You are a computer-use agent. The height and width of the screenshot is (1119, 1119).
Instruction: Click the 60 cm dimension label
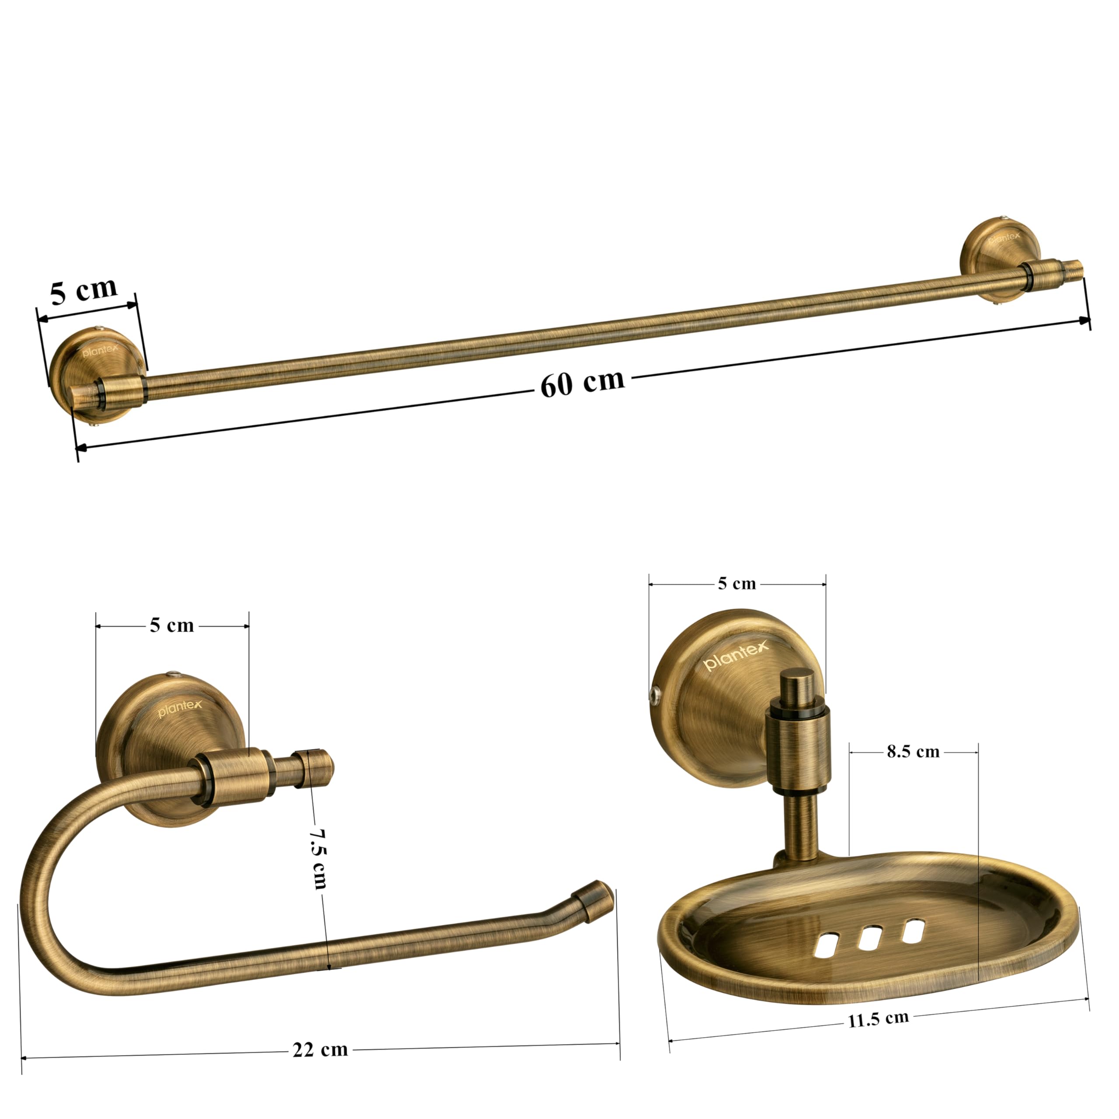click(x=583, y=383)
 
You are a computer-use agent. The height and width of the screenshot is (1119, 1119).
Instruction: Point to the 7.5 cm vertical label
click(x=318, y=858)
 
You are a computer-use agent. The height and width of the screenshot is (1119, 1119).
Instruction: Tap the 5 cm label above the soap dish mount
click(x=737, y=583)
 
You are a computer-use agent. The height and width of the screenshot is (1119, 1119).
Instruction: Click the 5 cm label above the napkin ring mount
click(x=172, y=626)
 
